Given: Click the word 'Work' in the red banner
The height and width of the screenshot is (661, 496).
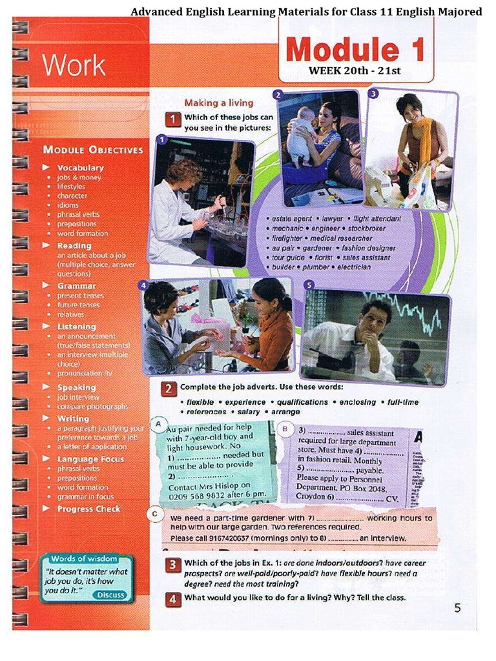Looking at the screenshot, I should (x=73, y=65).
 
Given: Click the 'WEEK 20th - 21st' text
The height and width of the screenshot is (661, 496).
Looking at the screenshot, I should (x=355, y=70).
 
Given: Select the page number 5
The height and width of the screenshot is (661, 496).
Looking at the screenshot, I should (x=457, y=607).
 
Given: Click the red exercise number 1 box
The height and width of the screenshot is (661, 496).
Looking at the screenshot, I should (x=172, y=119).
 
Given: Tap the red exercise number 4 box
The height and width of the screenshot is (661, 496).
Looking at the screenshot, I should (x=171, y=598).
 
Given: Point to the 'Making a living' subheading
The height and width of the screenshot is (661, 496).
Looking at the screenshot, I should (x=219, y=103).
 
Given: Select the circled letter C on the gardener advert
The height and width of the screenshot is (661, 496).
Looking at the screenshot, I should (x=155, y=514).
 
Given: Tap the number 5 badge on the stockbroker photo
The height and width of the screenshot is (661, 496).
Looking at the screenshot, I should (x=309, y=285).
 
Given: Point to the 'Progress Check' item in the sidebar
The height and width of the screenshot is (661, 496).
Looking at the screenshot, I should (x=88, y=509).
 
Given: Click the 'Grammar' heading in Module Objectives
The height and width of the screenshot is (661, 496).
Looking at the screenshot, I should (x=76, y=285).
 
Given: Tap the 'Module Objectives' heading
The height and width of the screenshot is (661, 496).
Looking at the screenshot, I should (x=93, y=150).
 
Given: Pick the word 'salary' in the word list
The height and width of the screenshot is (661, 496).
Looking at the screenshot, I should (x=249, y=411).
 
